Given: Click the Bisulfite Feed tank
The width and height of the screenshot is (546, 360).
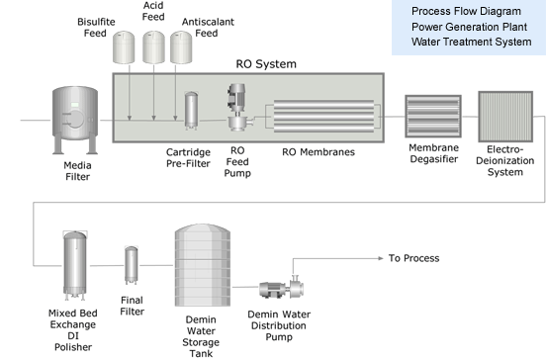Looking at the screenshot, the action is [124, 47].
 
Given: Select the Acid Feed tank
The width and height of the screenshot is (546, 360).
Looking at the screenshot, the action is [153, 47].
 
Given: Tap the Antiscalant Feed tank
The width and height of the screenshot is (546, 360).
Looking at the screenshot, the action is [181, 47].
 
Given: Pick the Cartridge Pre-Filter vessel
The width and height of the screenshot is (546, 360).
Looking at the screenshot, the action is [191, 111].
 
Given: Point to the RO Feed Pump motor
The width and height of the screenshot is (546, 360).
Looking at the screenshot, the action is [236, 97].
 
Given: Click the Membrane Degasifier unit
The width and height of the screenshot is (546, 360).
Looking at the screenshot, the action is [433, 117].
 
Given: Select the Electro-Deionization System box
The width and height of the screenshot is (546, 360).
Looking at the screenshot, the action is [505, 117].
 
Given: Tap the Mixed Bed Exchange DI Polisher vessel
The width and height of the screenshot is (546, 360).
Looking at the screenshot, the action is [74, 265].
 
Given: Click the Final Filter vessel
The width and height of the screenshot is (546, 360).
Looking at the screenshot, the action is [132, 265].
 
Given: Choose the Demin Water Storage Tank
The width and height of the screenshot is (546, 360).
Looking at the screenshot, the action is [203, 265].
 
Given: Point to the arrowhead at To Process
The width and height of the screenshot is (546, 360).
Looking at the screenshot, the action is [381, 258].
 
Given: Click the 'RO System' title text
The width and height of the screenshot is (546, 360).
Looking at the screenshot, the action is [266, 64].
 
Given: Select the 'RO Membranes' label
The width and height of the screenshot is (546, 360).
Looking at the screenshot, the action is [318, 152].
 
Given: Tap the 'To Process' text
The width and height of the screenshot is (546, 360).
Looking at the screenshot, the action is [414, 258].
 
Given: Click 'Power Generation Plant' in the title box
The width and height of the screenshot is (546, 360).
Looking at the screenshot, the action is [469, 27].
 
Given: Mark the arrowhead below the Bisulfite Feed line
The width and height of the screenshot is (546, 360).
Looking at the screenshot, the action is [130, 118].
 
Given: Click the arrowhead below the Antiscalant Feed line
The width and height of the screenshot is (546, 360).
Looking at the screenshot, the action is [175, 118].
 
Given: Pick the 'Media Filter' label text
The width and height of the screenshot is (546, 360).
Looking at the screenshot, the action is [78, 171].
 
